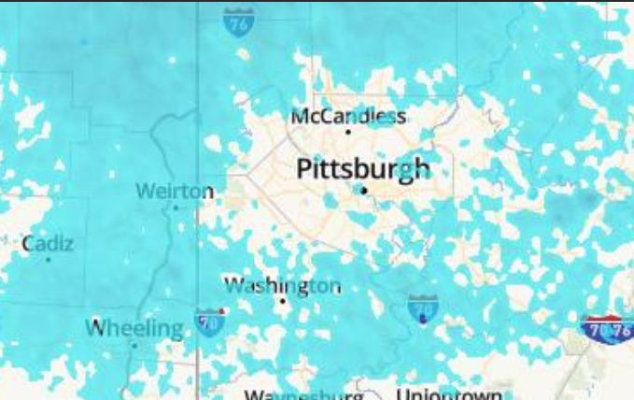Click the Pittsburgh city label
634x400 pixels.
364,169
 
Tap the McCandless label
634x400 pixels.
348,116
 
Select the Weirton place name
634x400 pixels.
175,191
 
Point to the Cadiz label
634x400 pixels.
48,243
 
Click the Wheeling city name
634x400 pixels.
135,328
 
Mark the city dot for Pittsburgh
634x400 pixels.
365,190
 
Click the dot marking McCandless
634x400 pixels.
348,132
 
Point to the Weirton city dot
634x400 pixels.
176,207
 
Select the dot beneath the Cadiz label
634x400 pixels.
48,259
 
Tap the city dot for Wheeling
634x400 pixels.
134,345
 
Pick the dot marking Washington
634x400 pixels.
283,301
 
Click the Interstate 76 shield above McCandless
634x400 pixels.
237,22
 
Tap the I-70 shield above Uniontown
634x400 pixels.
423,307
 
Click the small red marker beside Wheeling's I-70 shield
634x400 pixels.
221,310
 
